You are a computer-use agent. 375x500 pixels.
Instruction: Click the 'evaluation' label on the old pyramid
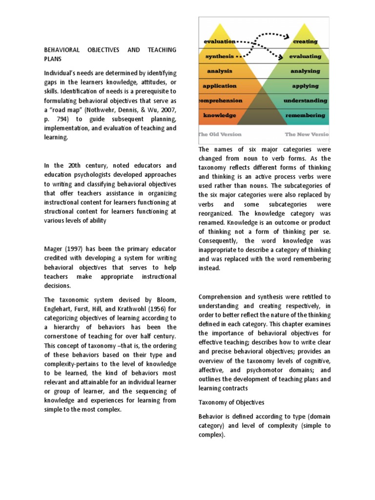click(x=220, y=42)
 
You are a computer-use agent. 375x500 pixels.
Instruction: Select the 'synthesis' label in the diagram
click(x=220, y=56)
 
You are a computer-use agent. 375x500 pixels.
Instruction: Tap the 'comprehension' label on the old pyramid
click(x=220, y=101)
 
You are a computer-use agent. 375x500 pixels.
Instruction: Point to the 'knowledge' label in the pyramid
click(x=220, y=116)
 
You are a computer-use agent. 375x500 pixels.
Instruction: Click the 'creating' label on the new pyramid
click(x=306, y=42)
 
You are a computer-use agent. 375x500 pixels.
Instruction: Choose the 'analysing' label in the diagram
click(x=306, y=71)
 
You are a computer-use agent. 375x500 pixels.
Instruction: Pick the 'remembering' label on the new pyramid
click(x=306, y=116)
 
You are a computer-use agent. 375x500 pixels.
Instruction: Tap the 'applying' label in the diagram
click(x=306, y=86)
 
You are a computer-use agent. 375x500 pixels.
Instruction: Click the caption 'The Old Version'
click(x=219, y=134)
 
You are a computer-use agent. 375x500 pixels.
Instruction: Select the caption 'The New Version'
click(x=307, y=134)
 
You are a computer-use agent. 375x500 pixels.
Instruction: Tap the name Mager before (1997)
click(x=55, y=249)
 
